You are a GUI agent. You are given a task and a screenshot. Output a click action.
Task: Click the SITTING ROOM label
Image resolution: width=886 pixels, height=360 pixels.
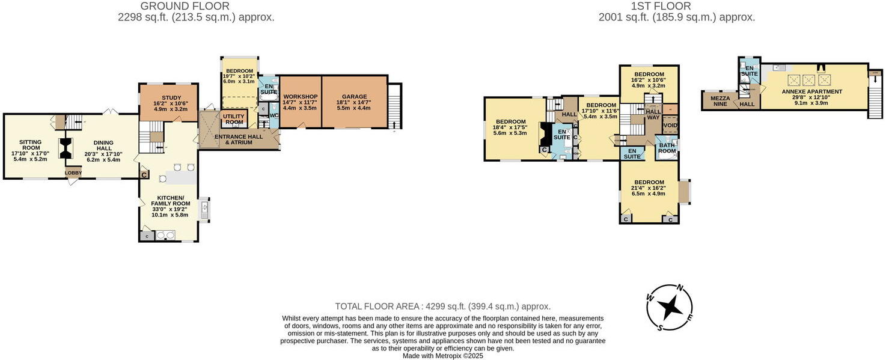(31, 145)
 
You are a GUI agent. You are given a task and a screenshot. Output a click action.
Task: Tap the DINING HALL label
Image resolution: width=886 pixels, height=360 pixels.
(103, 145)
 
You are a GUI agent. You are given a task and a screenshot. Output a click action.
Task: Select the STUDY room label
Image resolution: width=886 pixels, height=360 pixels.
(171, 98)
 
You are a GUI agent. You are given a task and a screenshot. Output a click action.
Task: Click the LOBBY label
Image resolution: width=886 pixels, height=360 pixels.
(73, 173)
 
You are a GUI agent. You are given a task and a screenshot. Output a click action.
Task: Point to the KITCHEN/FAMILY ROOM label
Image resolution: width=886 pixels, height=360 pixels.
(171, 201)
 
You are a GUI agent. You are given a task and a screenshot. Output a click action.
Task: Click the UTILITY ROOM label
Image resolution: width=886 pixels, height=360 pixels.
(234, 120)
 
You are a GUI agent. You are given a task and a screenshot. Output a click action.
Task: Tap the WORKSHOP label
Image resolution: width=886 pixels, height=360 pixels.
(301, 97)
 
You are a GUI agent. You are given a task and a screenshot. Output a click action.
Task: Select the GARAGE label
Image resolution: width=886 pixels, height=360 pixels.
(355, 97)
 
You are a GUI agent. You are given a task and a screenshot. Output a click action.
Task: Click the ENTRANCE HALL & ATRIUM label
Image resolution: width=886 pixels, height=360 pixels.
(239, 139)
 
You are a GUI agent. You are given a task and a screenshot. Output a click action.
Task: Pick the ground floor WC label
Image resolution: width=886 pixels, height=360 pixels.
(275, 115)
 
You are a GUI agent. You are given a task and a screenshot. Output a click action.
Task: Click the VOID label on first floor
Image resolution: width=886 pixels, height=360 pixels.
(670, 126)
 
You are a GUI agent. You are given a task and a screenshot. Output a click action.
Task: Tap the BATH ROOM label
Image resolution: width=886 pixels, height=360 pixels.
(667, 148)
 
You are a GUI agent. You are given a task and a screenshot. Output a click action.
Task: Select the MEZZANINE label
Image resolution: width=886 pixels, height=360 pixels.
(720, 102)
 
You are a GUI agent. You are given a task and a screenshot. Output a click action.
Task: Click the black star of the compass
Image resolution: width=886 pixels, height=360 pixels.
(670, 307)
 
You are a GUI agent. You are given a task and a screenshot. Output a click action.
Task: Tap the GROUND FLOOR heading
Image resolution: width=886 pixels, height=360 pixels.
(185, 7)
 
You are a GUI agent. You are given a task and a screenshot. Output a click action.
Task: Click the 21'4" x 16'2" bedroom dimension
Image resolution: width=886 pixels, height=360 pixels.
(649, 188)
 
